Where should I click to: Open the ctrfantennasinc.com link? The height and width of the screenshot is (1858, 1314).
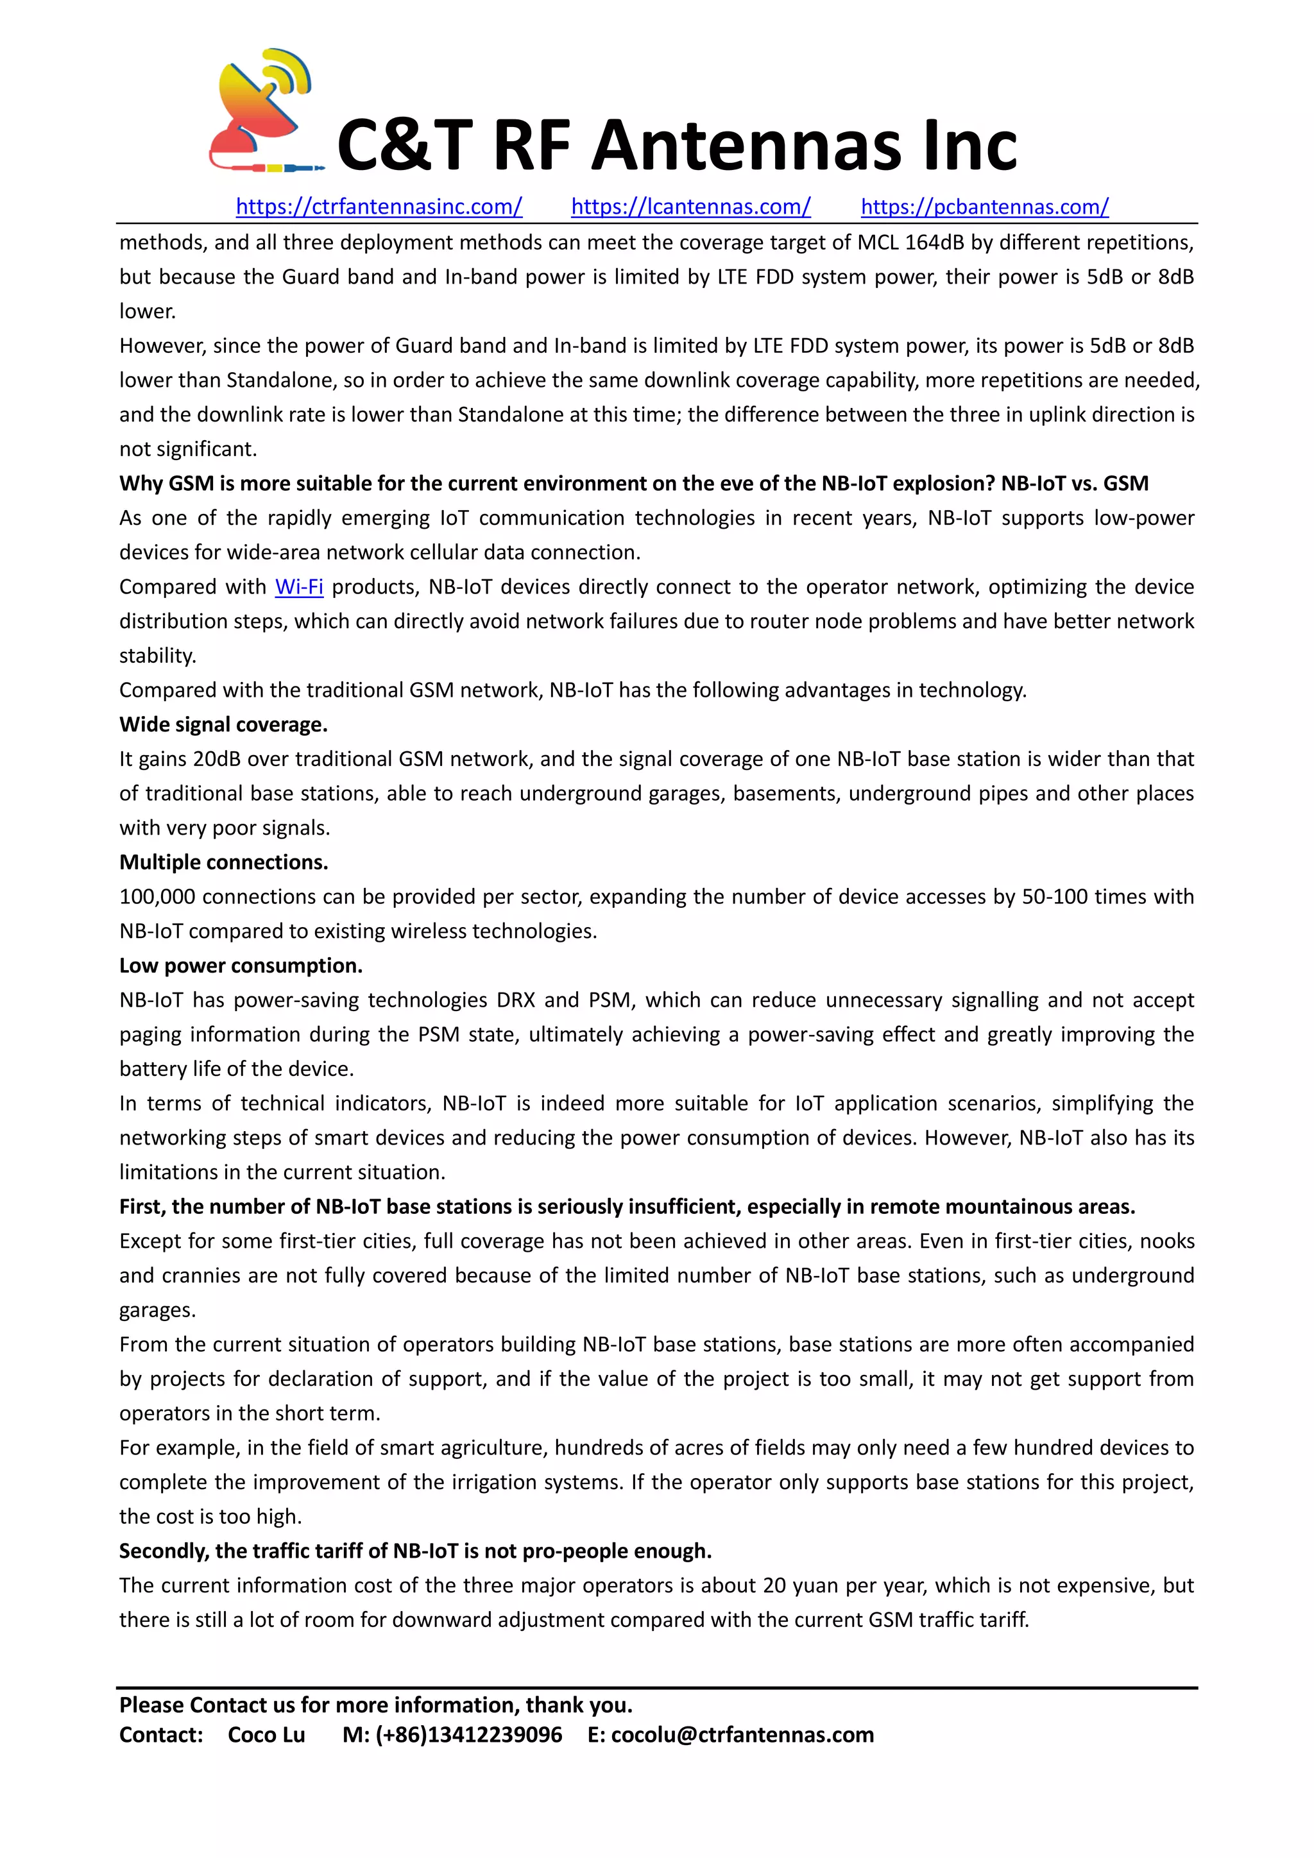(379, 207)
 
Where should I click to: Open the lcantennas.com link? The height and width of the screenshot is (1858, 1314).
(690, 207)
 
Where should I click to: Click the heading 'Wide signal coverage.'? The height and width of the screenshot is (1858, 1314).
(223, 724)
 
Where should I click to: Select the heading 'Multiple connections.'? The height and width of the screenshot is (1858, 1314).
(223, 862)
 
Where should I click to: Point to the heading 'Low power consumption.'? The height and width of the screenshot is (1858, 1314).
(241, 966)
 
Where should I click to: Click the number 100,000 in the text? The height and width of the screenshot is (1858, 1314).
(157, 897)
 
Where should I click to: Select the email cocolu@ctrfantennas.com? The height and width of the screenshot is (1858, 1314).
(742, 1735)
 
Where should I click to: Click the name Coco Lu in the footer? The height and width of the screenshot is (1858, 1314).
(266, 1735)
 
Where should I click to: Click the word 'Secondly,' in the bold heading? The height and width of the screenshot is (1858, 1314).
(164, 1551)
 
